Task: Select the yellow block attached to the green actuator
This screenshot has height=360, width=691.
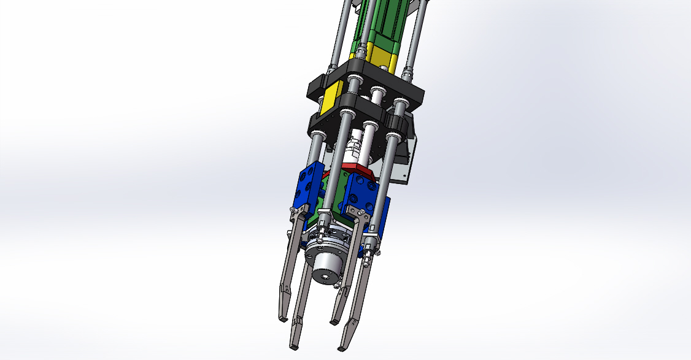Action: tap(382, 59)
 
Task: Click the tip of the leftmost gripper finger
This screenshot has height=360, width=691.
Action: tap(282, 318)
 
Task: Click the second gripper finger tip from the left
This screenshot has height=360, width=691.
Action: tap(294, 345)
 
